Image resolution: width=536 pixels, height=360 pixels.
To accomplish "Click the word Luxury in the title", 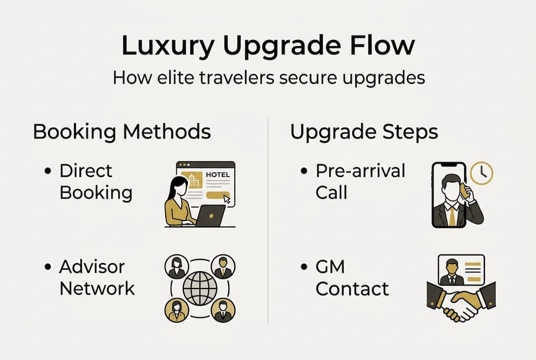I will (168, 45).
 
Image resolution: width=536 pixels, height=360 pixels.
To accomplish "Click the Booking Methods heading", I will (121, 132).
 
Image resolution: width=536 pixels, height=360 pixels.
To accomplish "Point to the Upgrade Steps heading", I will (364, 132).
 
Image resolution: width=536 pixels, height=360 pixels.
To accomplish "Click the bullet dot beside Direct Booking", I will (48, 171).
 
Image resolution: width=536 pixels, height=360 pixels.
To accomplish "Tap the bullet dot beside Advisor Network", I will (48, 267).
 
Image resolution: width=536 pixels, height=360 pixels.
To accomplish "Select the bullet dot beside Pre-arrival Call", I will (304, 171).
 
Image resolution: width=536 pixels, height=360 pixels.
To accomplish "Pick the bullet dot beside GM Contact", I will (304, 267).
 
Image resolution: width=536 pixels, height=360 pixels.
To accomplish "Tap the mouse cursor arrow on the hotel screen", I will (227, 199).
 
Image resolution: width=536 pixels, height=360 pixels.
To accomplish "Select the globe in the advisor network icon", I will (200, 288).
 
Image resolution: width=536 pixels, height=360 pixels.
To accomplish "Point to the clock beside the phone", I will (482, 173).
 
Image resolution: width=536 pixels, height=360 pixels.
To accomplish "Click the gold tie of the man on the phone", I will (452, 215).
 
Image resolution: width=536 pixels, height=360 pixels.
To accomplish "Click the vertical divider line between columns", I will (268, 220).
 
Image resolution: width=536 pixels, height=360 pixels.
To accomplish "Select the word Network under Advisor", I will (97, 288).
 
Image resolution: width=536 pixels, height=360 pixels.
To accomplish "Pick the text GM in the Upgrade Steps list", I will (330, 267).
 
